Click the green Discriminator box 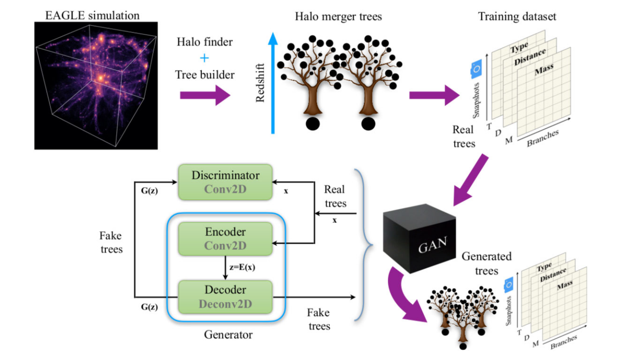[x=225, y=182]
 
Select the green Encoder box [x=225, y=238]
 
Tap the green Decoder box [x=225, y=297]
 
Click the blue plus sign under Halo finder [x=205, y=58]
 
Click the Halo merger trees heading [x=338, y=17]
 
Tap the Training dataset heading [x=517, y=17]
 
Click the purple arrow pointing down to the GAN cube [x=471, y=179]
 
